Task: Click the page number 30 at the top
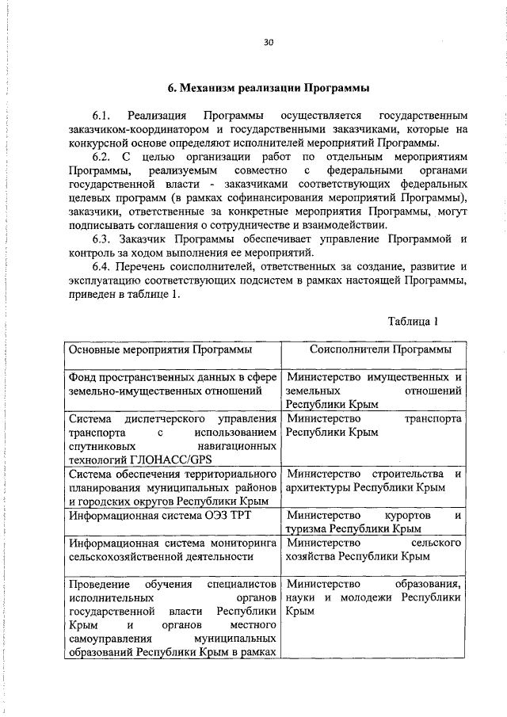click(269, 44)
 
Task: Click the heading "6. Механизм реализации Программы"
click(269, 86)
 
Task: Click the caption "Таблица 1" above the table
click(414, 322)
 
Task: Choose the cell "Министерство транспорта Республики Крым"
click(374, 425)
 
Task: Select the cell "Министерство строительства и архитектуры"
click(374, 480)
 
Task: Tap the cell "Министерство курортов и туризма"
click(374, 521)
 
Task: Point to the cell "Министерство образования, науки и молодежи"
click(374, 598)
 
